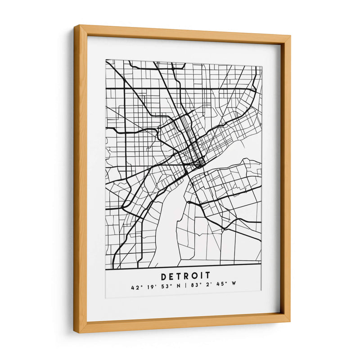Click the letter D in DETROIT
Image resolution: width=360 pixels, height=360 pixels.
(163, 275)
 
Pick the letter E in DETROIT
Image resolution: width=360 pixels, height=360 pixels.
(171, 275)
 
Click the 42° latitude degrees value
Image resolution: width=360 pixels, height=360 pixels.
(135, 287)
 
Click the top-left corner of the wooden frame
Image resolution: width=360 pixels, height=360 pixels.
(75, 26)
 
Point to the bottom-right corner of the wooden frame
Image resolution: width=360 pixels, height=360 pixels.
(289, 322)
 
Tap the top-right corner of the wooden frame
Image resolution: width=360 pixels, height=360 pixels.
(290, 36)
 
